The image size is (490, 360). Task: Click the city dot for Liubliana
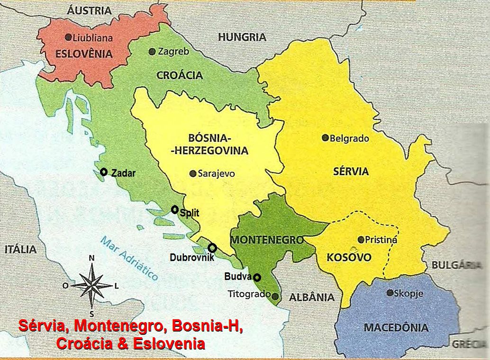point(68,37)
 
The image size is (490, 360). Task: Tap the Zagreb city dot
point(152,51)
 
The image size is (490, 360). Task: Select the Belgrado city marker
point(325,138)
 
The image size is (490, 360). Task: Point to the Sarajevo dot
point(192,174)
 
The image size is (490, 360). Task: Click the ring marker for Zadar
point(104,172)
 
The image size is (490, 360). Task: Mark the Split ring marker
point(175,209)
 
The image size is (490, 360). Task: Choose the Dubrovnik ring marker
point(212,248)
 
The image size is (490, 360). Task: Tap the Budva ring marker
point(257,277)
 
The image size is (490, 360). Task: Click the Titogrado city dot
point(275,296)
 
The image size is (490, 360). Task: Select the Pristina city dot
point(361,240)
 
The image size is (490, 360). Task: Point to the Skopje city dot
point(390,293)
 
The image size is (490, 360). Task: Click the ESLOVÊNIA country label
point(84,54)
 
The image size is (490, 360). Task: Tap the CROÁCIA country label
point(180,75)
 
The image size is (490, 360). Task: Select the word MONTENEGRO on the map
point(267,240)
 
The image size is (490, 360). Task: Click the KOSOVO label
point(349,258)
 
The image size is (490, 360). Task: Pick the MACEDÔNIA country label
point(396,327)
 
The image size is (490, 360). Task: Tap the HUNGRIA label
point(242,37)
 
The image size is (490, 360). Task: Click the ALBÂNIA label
point(311,297)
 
